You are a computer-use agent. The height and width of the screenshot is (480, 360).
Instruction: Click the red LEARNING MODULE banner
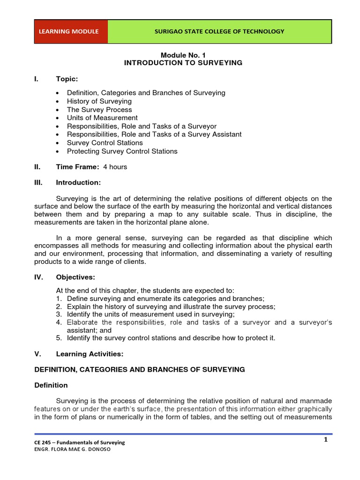71,32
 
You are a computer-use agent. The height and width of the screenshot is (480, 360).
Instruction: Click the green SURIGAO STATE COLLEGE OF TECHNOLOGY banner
219,32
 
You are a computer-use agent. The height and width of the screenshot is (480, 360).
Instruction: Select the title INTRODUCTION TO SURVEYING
183,63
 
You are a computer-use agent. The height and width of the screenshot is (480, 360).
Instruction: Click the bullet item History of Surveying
99,101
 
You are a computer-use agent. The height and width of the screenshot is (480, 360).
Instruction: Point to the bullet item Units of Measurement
102,118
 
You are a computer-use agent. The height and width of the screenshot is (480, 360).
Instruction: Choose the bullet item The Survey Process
99,110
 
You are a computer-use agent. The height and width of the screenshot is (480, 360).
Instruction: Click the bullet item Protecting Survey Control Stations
122,151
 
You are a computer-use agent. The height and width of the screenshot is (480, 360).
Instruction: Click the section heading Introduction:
78,182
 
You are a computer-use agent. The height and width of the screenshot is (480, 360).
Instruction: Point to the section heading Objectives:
75,277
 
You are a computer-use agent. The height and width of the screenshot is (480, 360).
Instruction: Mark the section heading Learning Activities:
90,353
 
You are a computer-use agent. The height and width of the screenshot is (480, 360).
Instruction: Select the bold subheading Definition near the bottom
51,385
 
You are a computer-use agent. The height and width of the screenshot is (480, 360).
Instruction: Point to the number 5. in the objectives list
59,337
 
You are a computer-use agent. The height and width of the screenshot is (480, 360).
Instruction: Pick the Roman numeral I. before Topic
37,79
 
